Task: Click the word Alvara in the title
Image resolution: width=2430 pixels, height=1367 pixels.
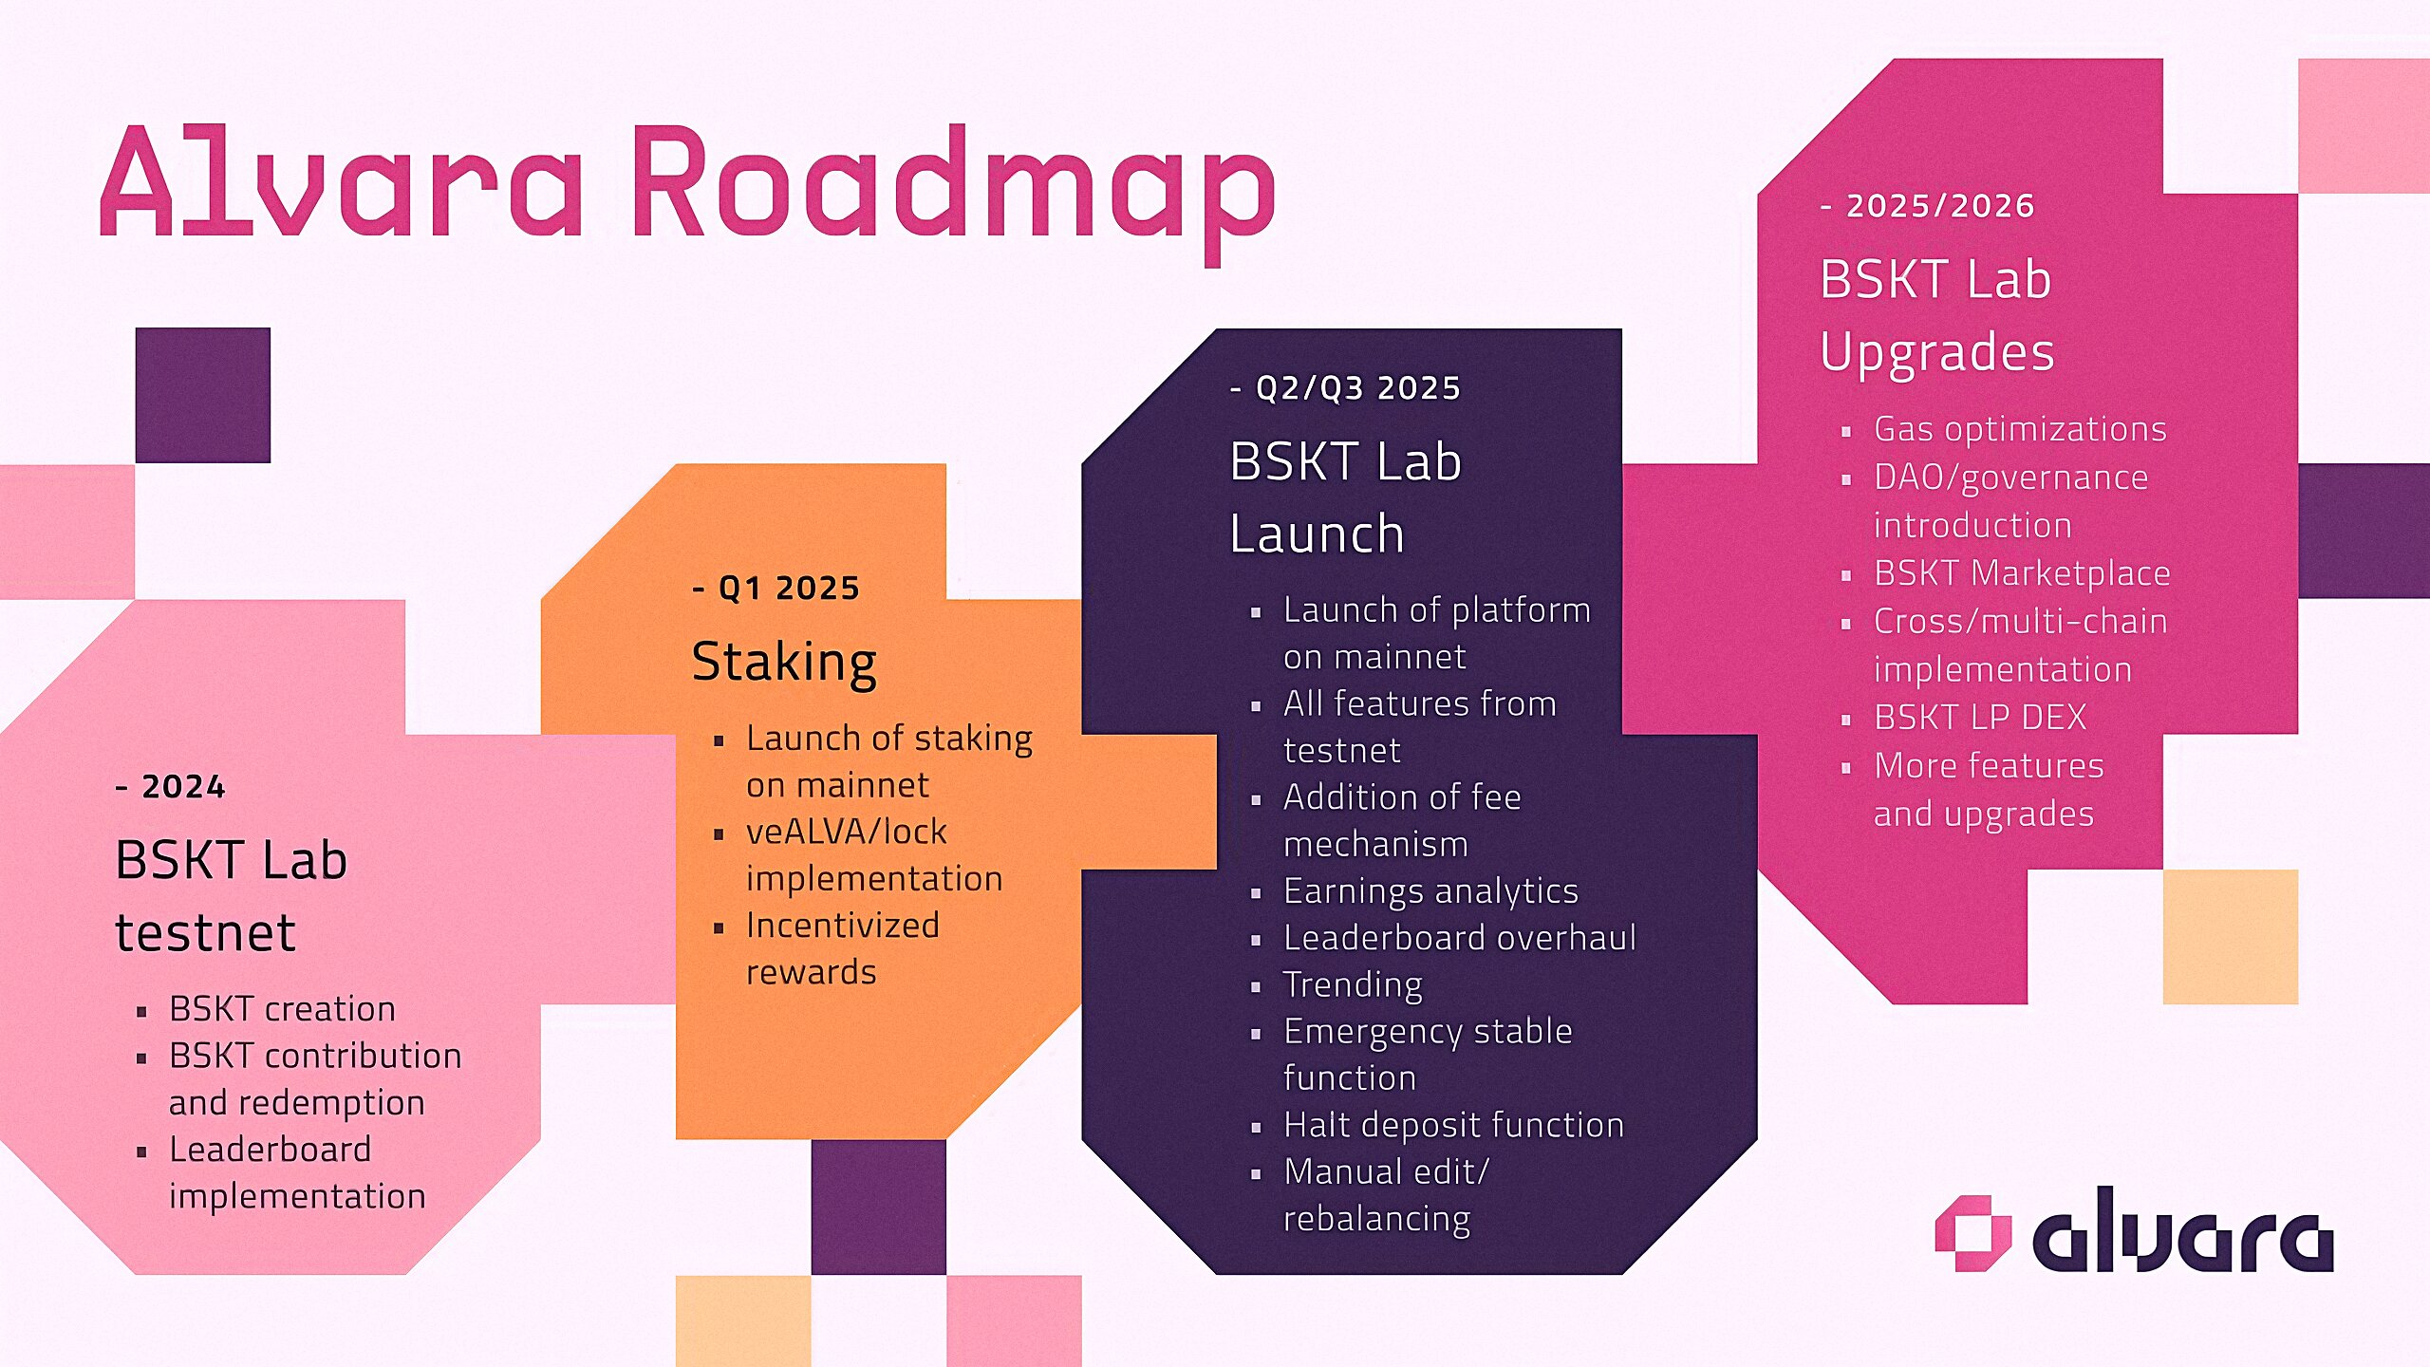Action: tap(342, 180)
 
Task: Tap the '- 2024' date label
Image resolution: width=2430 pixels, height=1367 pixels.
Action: tap(171, 786)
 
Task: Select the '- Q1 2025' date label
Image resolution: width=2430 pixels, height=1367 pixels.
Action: tap(776, 588)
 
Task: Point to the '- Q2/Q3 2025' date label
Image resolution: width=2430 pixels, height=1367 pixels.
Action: tap(1345, 387)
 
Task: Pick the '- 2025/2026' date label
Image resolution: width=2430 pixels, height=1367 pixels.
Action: tap(1927, 205)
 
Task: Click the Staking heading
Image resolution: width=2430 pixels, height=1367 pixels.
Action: tap(784, 661)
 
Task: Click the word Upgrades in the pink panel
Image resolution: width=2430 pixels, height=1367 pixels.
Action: tap(1936, 351)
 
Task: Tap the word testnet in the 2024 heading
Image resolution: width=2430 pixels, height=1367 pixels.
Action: tap(205, 932)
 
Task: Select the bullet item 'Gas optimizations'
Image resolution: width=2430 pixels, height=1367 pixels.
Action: tap(2019, 429)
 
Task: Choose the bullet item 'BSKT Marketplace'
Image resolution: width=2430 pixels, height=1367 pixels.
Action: tap(2021, 573)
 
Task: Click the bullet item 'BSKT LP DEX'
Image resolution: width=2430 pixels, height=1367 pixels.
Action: tap(1979, 718)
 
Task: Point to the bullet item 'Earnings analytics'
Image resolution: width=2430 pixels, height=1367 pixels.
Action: tap(1430, 890)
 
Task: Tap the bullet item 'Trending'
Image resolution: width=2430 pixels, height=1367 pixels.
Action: tap(1352, 984)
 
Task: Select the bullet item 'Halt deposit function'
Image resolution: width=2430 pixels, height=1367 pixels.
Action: tap(1452, 1125)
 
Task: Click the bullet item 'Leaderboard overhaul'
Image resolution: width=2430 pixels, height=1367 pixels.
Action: tap(1459, 938)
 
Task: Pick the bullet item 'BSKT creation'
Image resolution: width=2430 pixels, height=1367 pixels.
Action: tap(282, 1008)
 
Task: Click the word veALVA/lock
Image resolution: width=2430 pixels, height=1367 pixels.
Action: tap(846, 832)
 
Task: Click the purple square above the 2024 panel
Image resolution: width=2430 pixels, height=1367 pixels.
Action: tap(202, 395)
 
